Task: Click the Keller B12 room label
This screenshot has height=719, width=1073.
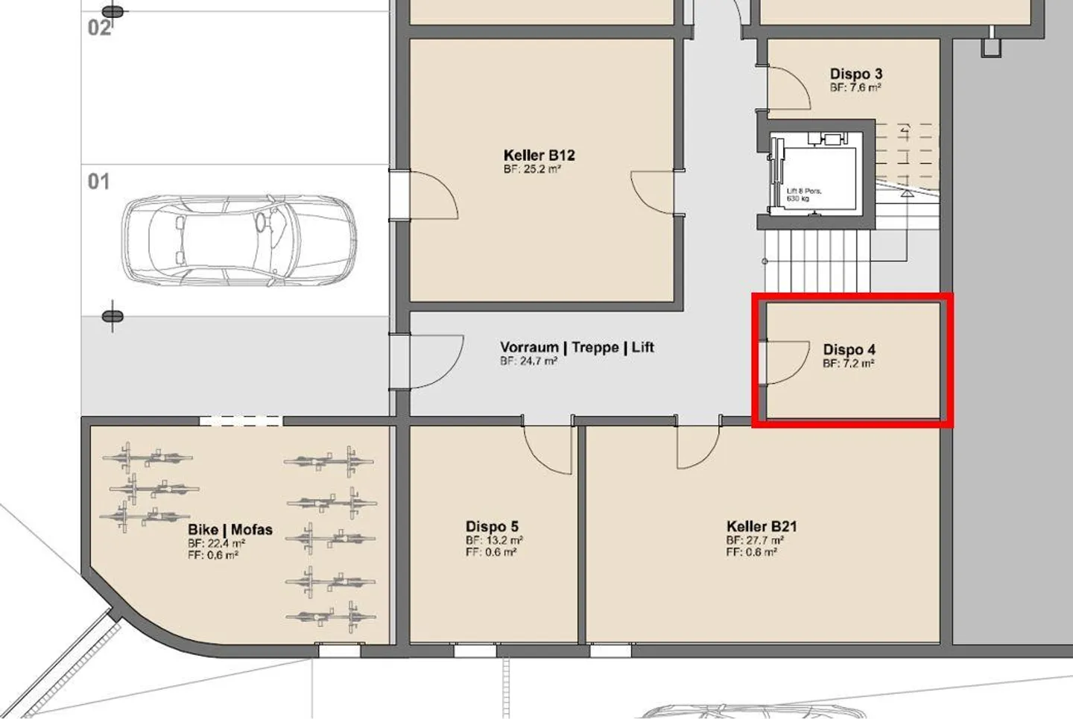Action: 539,155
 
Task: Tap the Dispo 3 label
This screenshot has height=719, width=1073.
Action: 856,74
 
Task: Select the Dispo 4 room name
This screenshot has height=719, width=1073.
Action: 849,349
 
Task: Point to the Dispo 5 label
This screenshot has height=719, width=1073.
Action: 492,527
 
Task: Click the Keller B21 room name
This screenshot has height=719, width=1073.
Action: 762,527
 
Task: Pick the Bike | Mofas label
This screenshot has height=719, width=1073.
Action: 230,529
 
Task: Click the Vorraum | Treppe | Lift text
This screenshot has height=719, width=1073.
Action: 577,347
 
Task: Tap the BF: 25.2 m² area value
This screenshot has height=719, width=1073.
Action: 532,169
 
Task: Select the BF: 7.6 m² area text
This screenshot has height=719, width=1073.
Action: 856,88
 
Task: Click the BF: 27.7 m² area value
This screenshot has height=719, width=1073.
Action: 755,540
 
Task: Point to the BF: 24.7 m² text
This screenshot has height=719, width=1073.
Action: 528,361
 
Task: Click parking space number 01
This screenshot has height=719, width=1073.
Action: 98,182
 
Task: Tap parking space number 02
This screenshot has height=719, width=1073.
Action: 99,28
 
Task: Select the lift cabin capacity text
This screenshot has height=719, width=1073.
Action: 804,194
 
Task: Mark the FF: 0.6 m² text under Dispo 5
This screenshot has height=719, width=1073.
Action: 491,552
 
